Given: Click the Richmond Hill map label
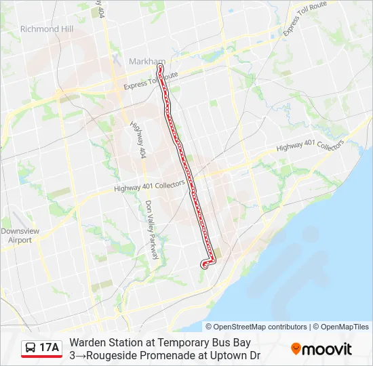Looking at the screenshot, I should pos(47,29).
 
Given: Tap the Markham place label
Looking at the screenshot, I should pos(147,61).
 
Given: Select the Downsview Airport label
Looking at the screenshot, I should pos(16,235).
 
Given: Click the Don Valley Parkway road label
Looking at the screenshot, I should pos(151,230).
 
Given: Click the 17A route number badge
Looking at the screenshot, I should pos(49,348).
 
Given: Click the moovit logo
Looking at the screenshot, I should pos(321,349).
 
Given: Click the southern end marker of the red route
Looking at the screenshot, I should pos(204,265).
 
